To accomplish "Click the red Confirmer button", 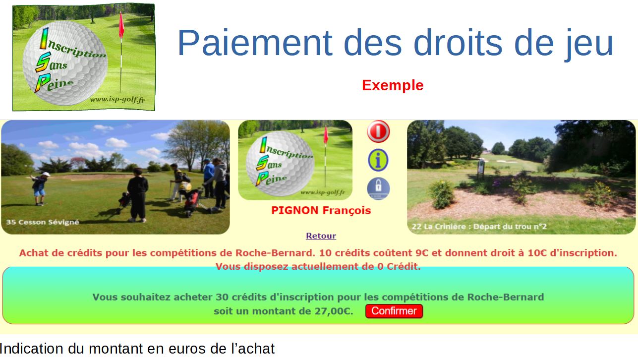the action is [394, 311].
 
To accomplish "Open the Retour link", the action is [321, 236].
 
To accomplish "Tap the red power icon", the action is [378, 131].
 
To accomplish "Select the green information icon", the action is [378, 160].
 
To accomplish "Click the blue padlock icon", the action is [378, 188].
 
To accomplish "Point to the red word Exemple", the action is [393, 85].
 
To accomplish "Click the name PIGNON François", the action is [321, 210].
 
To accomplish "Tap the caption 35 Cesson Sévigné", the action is [43, 222].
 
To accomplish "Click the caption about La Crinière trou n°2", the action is [479, 227].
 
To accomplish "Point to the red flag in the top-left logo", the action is [121, 25].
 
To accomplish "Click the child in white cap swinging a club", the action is [40, 188].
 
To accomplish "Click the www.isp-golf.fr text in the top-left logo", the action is [117, 100].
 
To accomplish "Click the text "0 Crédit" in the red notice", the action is [398, 266].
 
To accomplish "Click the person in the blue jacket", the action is [209, 178].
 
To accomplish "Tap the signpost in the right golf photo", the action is [481, 169].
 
